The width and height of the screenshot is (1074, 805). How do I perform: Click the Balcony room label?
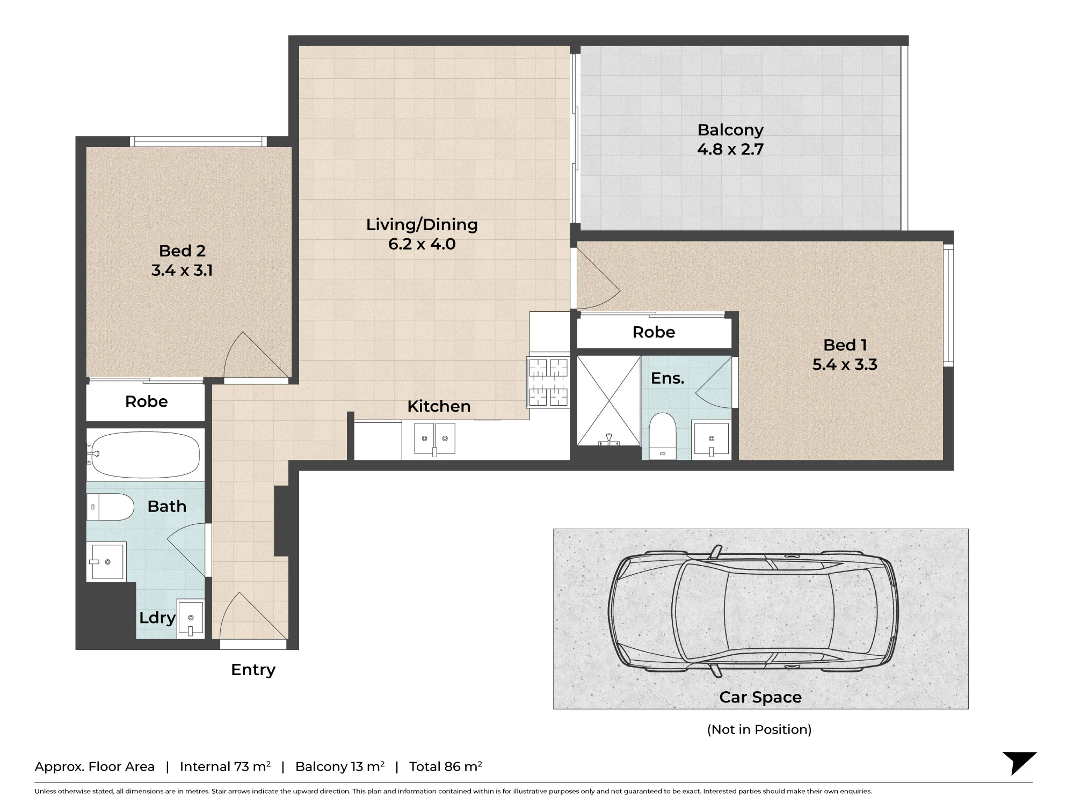pyautogui.click(x=730, y=130)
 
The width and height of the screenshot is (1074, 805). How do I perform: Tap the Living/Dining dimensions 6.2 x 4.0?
pyautogui.click(x=422, y=244)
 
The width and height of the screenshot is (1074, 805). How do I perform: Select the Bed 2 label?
pyautogui.click(x=182, y=251)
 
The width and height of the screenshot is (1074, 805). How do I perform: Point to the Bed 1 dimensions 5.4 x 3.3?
pyautogui.click(x=845, y=364)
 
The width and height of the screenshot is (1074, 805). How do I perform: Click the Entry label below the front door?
pyautogui.click(x=253, y=670)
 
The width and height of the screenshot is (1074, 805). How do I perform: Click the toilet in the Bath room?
pyautogui.click(x=110, y=507)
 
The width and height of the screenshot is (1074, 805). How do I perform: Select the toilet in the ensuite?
pyautogui.click(x=662, y=436)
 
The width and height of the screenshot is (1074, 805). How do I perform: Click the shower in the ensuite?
pyautogui.click(x=608, y=400)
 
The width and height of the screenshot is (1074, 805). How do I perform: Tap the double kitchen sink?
pyautogui.click(x=434, y=438)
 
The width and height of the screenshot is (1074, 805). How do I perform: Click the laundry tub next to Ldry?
pyautogui.click(x=191, y=619)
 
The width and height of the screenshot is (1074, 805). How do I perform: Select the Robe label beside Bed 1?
pyautogui.click(x=654, y=332)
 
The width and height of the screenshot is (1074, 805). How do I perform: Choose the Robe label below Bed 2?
pyautogui.click(x=146, y=401)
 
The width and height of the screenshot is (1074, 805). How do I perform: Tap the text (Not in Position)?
pyautogui.click(x=759, y=729)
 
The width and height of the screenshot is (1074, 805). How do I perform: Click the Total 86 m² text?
pyautogui.click(x=446, y=766)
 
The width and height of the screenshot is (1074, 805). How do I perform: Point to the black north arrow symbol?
pyautogui.click(x=1019, y=762)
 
